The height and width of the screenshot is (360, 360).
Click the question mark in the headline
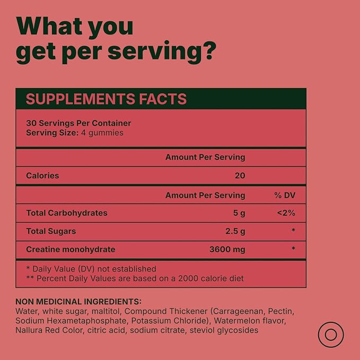point(208,51)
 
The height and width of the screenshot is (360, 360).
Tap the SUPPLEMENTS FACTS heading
point(106,99)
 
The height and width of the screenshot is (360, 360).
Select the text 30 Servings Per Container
point(78,123)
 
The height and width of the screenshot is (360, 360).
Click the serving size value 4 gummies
point(102,133)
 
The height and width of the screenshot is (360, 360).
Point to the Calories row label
point(42,175)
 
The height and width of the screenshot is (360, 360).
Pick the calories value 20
point(240,175)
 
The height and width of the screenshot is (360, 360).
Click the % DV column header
point(285,195)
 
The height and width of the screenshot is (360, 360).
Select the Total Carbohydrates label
point(67,213)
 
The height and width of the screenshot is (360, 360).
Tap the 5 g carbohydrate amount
point(239,213)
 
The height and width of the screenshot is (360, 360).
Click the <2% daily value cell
point(286,213)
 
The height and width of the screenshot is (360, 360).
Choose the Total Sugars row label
point(51,231)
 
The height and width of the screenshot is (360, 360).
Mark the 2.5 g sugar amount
point(235,231)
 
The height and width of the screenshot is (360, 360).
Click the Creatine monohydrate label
point(71,250)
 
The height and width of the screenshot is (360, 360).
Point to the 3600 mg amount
point(227,250)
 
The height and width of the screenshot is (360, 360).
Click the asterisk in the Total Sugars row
point(293,230)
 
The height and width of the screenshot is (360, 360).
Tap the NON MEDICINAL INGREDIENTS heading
point(78,302)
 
